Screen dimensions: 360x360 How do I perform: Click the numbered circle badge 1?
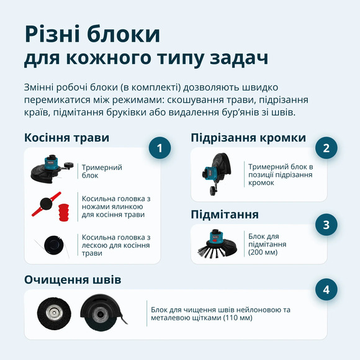point(160,149)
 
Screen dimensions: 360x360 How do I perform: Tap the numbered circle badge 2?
point(326,148)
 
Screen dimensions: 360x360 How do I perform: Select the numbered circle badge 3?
point(326,225)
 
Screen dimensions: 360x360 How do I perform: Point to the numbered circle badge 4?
point(326,290)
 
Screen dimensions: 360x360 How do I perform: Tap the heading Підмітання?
point(225,215)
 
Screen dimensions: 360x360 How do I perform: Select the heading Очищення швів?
point(73,280)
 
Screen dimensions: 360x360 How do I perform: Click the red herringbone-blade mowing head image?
point(52,206)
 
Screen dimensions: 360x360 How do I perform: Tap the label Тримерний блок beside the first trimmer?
point(102,171)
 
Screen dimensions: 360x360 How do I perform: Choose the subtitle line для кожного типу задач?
point(146,59)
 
